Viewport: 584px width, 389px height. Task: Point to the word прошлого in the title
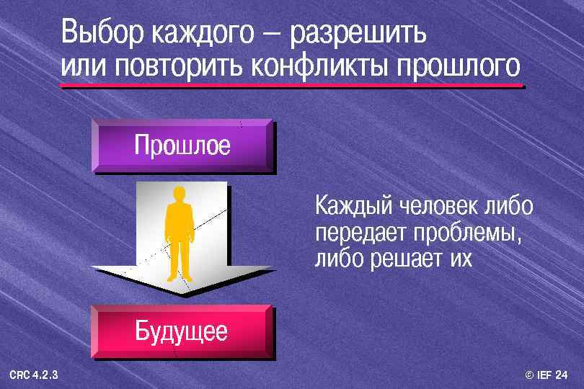[x=456, y=66]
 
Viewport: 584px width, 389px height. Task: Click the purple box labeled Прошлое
[x=182, y=146]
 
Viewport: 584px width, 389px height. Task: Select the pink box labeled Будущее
[x=182, y=331]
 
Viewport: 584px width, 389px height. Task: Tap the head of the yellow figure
[x=180, y=194]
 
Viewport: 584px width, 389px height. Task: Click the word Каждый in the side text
[x=350, y=207]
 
